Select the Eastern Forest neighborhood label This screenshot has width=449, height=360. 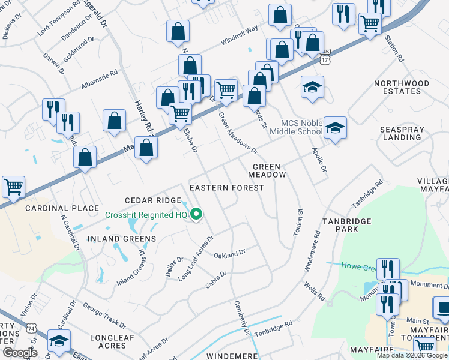226,188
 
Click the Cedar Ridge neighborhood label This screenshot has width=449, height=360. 153,200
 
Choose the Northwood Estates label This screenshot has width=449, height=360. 402,87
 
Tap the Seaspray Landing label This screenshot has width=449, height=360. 401,133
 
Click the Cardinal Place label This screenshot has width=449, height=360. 62,208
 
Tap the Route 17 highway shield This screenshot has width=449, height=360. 325,60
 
